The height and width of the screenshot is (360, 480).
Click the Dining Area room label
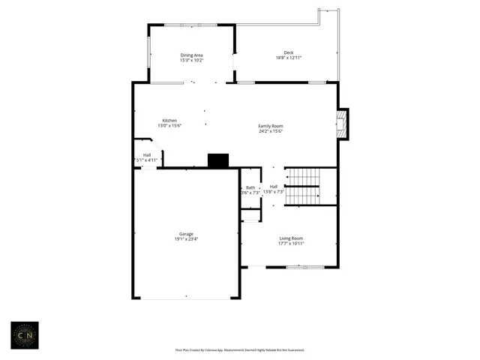tap(191, 55)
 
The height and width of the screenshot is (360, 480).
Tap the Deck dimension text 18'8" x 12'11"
tap(288, 58)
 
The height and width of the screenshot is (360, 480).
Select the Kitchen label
tap(169, 121)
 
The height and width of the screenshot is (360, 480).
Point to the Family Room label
tap(271, 126)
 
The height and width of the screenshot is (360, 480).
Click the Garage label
tap(186, 233)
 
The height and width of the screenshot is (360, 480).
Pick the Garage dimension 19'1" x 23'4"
tap(186, 238)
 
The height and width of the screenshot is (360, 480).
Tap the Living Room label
tap(291, 238)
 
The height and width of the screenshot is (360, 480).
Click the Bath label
tap(250, 187)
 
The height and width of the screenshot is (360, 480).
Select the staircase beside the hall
tap(303, 186)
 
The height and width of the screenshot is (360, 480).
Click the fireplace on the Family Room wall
tap(343, 124)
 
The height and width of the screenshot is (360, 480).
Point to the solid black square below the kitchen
tap(218, 160)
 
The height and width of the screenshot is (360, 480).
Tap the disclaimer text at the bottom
tap(240, 349)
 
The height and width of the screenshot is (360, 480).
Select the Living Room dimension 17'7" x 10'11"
tap(291, 243)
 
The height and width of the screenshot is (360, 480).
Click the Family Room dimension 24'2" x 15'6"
tap(271, 131)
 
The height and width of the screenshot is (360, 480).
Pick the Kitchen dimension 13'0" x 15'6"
tap(169, 126)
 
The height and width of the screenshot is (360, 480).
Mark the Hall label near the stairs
tap(274, 186)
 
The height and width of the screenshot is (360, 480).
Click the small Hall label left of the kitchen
tap(147, 155)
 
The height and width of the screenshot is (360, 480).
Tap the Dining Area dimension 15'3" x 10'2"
tap(191, 60)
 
